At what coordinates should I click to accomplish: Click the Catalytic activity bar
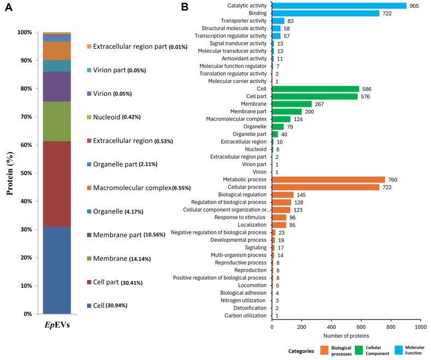(x=339, y=6)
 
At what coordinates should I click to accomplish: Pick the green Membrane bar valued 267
(x=291, y=104)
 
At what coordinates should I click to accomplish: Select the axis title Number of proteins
(x=346, y=335)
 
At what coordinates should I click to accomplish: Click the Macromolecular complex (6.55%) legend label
(x=140, y=188)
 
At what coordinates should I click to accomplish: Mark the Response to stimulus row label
(x=241, y=217)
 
